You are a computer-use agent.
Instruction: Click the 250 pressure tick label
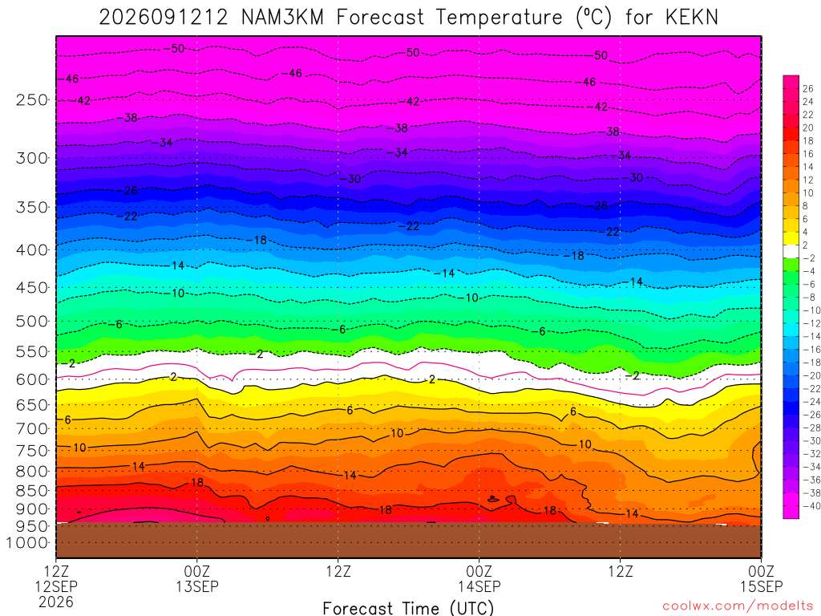click(x=32, y=99)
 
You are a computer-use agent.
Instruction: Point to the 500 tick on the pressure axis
click(x=32, y=321)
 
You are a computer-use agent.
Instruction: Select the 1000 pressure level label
click(x=27, y=543)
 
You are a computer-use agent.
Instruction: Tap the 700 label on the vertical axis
click(x=32, y=428)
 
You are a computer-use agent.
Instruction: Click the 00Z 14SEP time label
click(x=479, y=578)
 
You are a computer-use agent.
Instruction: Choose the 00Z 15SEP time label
click(x=762, y=578)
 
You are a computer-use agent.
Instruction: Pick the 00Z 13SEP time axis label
click(x=197, y=578)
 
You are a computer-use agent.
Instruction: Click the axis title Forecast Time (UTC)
click(x=408, y=608)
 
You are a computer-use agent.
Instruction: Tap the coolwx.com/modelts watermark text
click(x=738, y=606)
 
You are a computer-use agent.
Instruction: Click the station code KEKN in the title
click(x=692, y=18)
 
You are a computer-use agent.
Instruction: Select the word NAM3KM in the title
click(x=282, y=18)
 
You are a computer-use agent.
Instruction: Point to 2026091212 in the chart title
click(x=164, y=18)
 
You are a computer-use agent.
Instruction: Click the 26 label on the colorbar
click(x=808, y=88)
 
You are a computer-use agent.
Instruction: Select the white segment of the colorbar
click(x=791, y=251)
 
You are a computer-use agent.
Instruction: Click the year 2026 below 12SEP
click(x=56, y=602)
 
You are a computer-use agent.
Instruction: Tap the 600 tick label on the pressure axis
click(x=32, y=379)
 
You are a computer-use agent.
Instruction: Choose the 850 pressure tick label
click(x=32, y=490)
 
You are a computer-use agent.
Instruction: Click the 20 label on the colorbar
click(x=808, y=128)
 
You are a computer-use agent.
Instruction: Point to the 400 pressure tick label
click(x=32, y=250)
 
